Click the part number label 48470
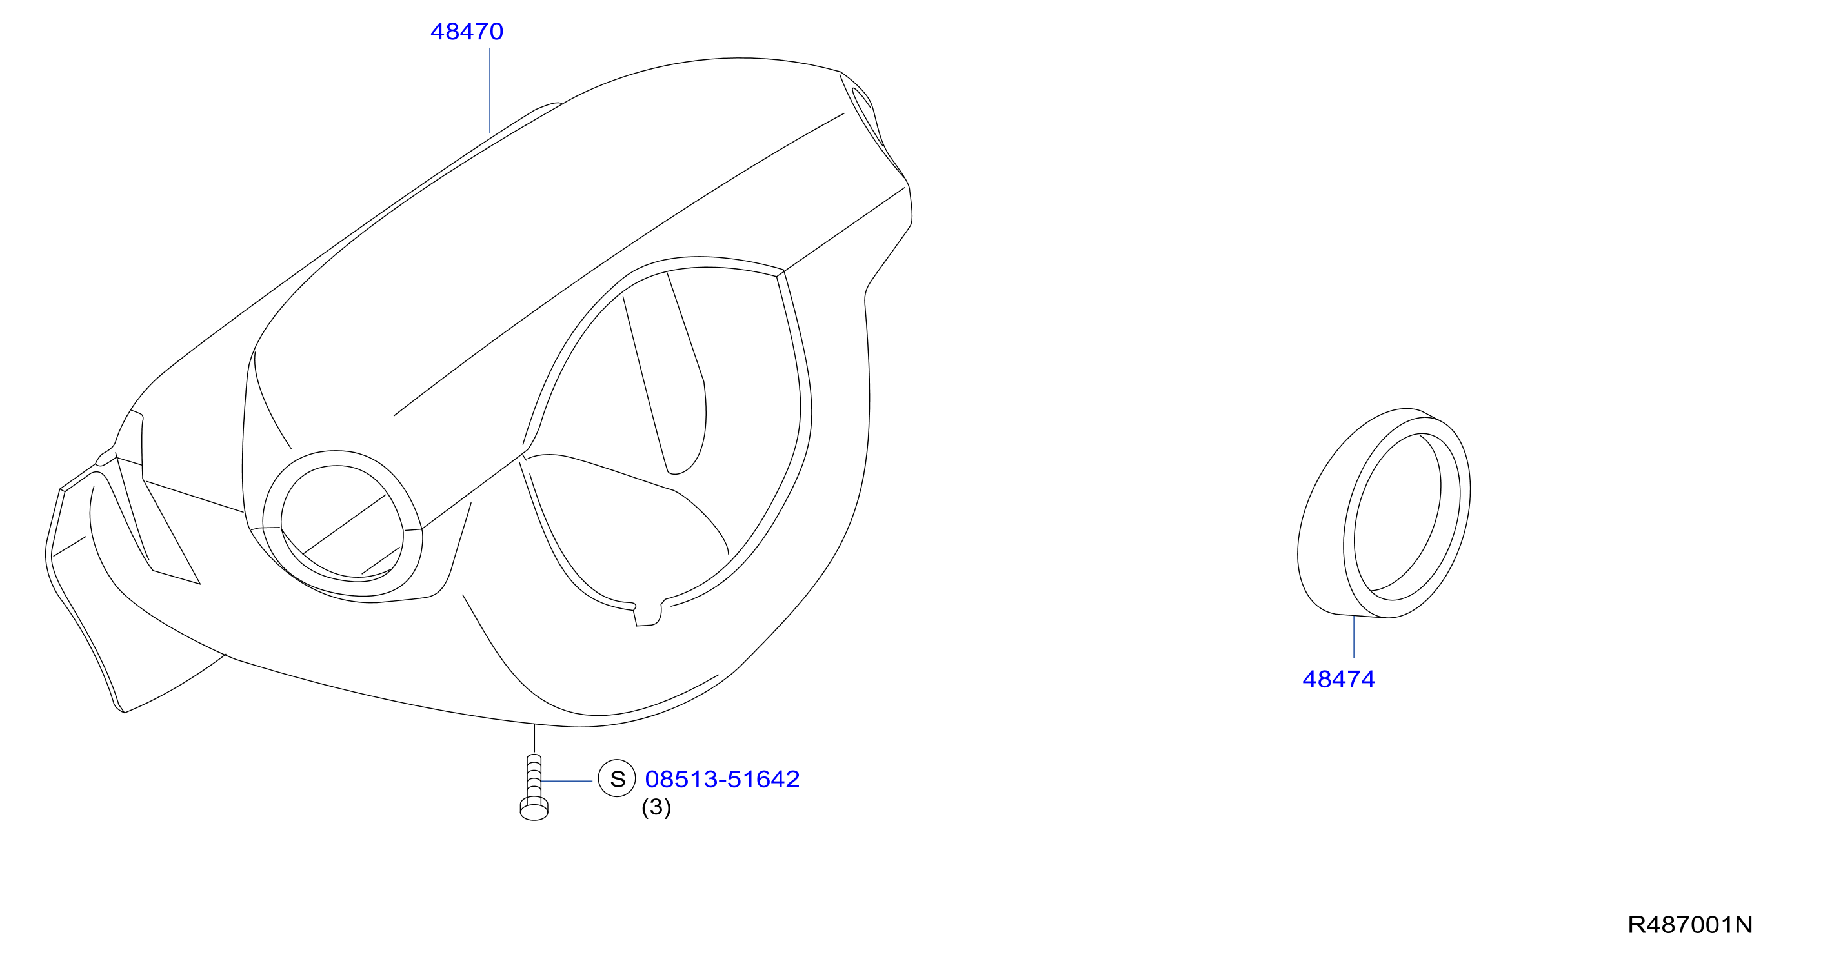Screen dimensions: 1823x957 click(467, 32)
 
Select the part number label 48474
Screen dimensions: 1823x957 click(1338, 679)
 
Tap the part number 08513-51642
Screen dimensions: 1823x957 click(722, 779)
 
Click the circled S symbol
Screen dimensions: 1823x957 click(617, 778)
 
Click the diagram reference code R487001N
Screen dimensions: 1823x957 click(1690, 925)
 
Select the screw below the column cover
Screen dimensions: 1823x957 click(534, 787)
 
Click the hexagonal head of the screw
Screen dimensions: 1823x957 click(534, 810)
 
